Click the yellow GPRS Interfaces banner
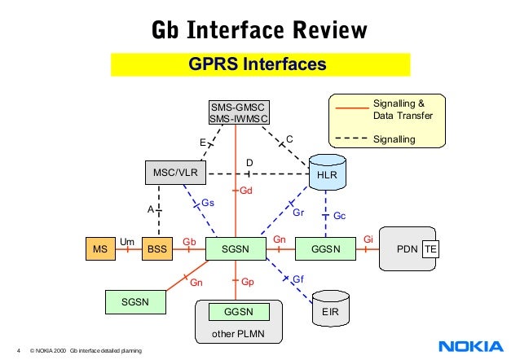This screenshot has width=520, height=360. (260, 64)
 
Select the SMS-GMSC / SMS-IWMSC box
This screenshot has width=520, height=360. (238, 113)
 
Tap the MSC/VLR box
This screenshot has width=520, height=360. (175, 172)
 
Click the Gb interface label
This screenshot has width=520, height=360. (189, 242)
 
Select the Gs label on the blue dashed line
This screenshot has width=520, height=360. (208, 202)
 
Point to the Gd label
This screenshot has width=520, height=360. (246, 191)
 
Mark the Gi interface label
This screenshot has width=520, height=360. (368, 239)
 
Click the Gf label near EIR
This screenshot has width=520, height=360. (298, 279)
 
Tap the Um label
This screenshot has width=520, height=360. (126, 241)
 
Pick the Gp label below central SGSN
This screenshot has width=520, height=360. (248, 283)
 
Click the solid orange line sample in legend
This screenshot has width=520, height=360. (350, 107)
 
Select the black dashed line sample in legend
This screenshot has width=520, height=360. (350, 139)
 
